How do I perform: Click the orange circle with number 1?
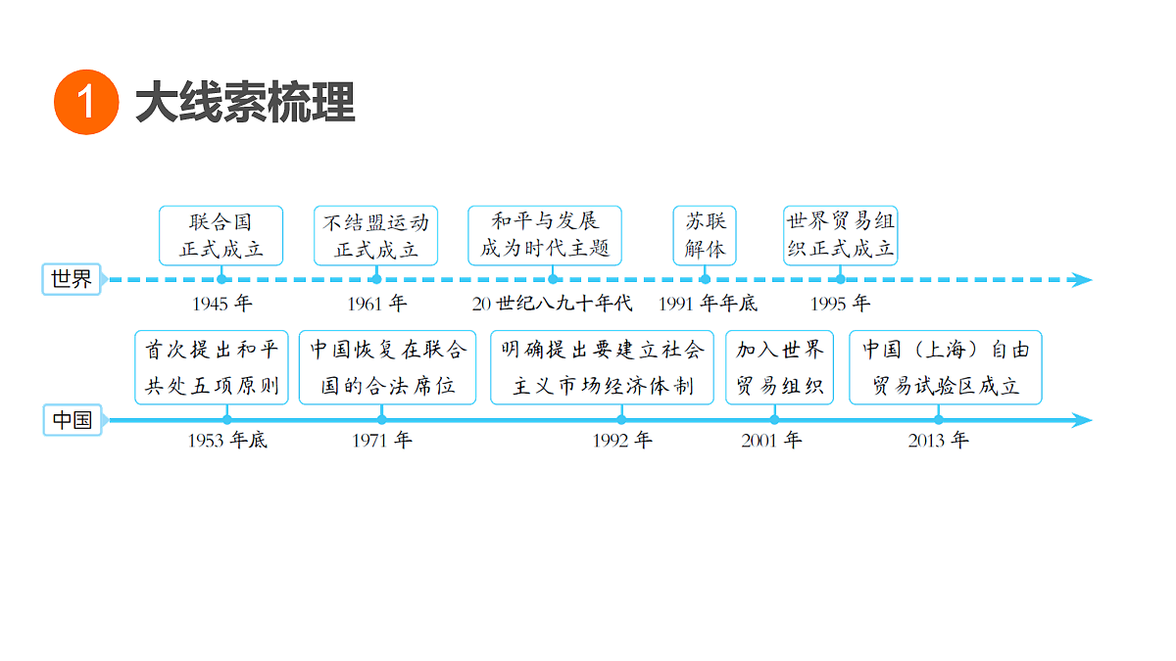tap(86, 102)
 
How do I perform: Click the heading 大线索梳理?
tap(245, 102)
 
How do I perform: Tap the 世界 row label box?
tap(72, 279)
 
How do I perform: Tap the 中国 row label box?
tap(72, 420)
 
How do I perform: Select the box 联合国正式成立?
tap(221, 236)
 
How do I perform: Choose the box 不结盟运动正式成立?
tap(376, 236)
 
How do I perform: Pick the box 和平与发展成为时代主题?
tap(545, 236)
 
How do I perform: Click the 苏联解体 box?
tap(705, 236)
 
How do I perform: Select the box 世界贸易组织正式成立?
tap(841, 236)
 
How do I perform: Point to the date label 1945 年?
tap(222, 304)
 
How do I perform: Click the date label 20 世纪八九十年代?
tap(552, 304)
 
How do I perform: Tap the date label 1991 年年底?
tap(709, 304)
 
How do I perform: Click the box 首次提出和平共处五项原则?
tap(212, 367)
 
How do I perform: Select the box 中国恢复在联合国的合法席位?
tap(387, 367)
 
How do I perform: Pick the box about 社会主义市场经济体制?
tap(602, 367)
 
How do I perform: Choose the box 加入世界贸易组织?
tap(780, 367)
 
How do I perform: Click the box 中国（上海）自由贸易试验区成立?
tap(946, 367)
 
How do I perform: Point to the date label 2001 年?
tap(771, 440)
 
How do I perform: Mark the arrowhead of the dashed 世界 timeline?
tap(1092, 280)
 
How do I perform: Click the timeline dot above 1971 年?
tap(381, 420)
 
